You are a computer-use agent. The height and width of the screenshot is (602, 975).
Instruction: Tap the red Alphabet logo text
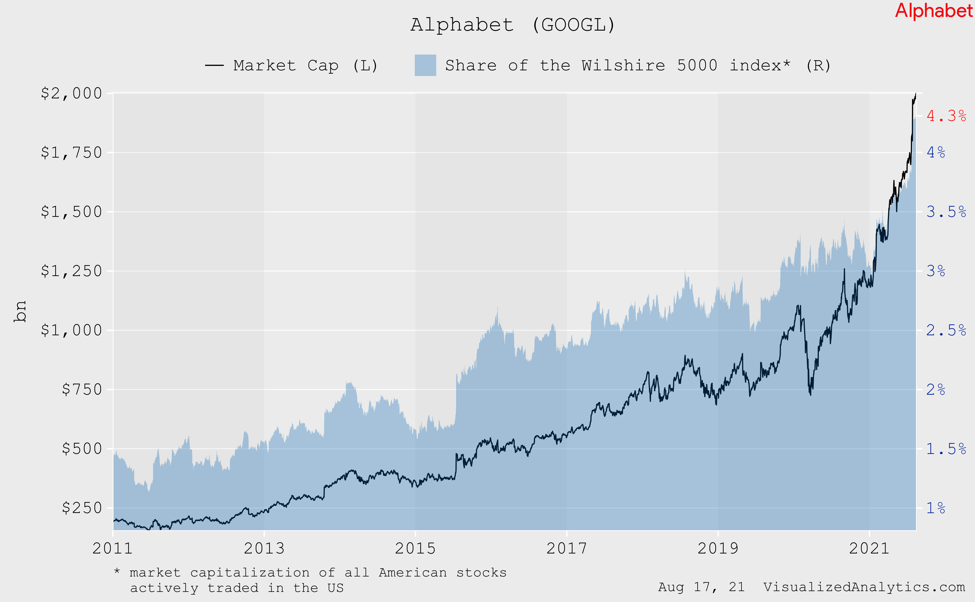(x=933, y=11)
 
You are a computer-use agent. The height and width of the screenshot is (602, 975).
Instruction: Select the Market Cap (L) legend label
(x=305, y=66)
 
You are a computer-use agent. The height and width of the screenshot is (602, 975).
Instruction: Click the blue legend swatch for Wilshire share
(x=425, y=65)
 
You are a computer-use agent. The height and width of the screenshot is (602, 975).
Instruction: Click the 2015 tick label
(x=415, y=549)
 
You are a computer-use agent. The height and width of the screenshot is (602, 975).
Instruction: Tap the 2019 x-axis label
(x=718, y=549)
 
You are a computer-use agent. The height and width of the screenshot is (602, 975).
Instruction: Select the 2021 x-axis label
(x=869, y=549)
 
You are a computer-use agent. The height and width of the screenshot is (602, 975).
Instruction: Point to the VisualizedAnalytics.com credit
(x=864, y=587)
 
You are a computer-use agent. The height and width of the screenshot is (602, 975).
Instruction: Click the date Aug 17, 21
(x=701, y=587)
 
